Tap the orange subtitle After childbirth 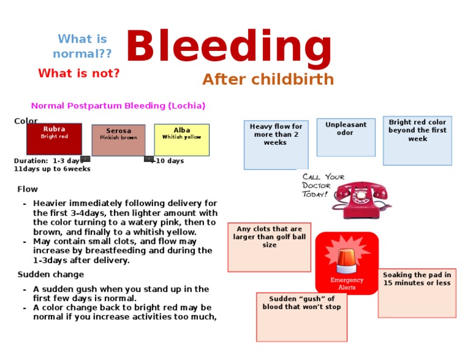tap(268, 79)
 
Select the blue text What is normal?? tap(82, 47)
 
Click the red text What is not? tap(79, 73)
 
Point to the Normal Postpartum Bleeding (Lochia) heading tap(118, 105)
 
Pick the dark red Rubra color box tap(54, 139)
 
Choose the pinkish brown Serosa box tap(119, 140)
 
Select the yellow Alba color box tap(182, 140)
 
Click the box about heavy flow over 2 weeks tap(275, 145)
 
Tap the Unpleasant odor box tap(346, 137)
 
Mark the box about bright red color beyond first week tap(417, 141)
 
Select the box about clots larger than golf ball tap(269, 247)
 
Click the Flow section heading tap(27, 189)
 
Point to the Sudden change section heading tap(42, 275)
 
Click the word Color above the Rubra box tap(25, 121)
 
